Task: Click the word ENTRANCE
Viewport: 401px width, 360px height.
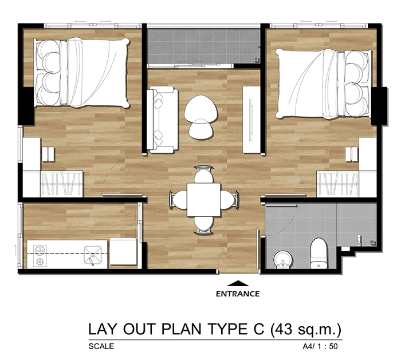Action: [x=238, y=294]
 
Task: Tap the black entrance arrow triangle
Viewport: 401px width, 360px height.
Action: [x=238, y=283]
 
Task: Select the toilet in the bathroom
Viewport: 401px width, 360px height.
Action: [x=319, y=254]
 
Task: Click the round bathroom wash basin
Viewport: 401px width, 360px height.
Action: [x=283, y=260]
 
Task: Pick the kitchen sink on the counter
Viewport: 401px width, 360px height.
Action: [x=93, y=255]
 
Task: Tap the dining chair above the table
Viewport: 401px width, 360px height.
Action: [x=203, y=175]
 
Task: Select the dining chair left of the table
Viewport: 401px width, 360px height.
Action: [x=178, y=200]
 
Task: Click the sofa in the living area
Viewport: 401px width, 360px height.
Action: [x=163, y=120]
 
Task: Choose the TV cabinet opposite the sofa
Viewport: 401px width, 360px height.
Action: [x=251, y=120]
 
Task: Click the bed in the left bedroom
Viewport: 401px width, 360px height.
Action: [x=81, y=73]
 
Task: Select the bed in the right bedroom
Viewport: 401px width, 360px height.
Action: [x=323, y=84]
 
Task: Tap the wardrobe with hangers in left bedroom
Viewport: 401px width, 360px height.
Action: [x=62, y=184]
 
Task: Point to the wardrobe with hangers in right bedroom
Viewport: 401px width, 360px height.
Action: [x=337, y=184]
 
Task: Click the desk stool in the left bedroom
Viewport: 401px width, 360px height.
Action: [x=48, y=155]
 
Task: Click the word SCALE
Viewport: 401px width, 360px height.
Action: [x=101, y=346]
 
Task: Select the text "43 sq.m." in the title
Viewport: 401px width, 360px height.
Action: [x=306, y=329]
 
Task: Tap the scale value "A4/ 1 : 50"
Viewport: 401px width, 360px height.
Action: [x=320, y=346]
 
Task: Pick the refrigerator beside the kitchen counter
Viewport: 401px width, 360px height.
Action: [x=123, y=252]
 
